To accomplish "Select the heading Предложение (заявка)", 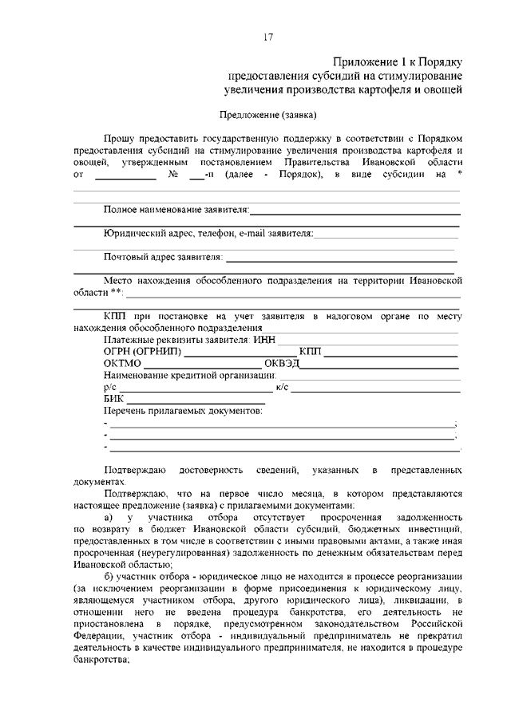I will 268,114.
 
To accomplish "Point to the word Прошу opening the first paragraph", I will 119,138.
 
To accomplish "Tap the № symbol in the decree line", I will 173,174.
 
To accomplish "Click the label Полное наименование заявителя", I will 176,210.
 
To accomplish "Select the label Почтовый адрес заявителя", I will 163,258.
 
